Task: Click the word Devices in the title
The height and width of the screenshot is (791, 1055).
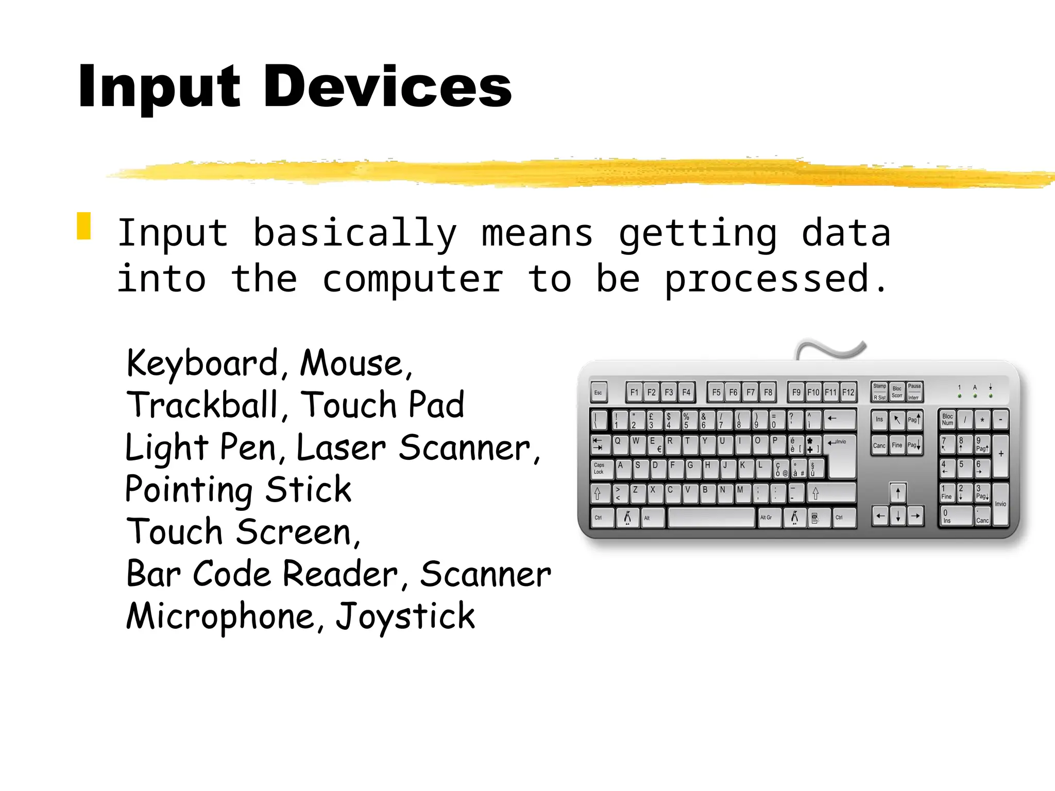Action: click(387, 87)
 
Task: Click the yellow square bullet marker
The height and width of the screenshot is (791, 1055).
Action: click(84, 226)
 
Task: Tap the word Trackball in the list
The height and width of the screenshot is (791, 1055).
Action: click(202, 405)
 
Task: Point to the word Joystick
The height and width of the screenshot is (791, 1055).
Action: click(405, 616)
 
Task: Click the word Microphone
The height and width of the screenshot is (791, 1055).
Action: click(220, 616)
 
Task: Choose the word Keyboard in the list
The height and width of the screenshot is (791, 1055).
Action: click(202, 364)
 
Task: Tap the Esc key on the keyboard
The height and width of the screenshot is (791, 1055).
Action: click(599, 392)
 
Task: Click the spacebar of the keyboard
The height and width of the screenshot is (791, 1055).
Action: click(711, 518)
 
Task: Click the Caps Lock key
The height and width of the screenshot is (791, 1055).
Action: click(601, 469)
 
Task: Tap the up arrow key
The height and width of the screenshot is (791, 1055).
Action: click(898, 493)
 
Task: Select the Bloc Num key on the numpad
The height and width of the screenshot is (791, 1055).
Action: click(948, 420)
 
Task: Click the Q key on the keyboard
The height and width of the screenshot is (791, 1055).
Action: click(620, 444)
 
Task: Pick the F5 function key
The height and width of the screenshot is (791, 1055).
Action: click(716, 392)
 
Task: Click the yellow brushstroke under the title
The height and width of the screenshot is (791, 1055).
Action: click(567, 173)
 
